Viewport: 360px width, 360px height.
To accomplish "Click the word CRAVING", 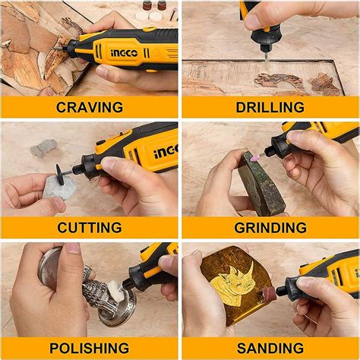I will point(90,106).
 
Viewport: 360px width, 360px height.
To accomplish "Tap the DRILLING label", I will point(270,106).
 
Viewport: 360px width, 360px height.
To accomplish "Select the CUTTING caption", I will point(90,227).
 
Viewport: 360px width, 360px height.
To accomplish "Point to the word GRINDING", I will point(270,227).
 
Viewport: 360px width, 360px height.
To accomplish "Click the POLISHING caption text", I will point(90,347).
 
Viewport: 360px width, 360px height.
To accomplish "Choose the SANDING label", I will point(270,347).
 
